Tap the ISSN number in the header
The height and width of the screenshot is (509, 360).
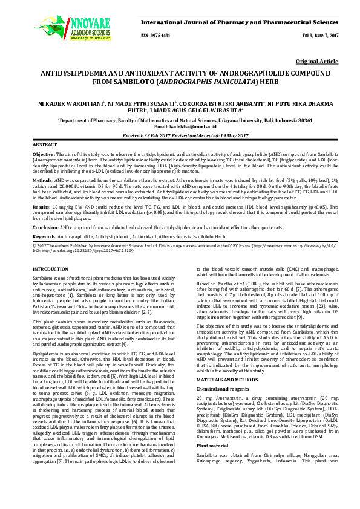tap(156, 36)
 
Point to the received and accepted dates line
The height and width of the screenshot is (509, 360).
tap(180, 135)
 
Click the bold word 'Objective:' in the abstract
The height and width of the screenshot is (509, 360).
tap(43, 155)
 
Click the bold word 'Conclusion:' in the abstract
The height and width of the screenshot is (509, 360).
tap(45, 226)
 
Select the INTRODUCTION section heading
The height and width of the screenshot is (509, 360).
tap(50, 268)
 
